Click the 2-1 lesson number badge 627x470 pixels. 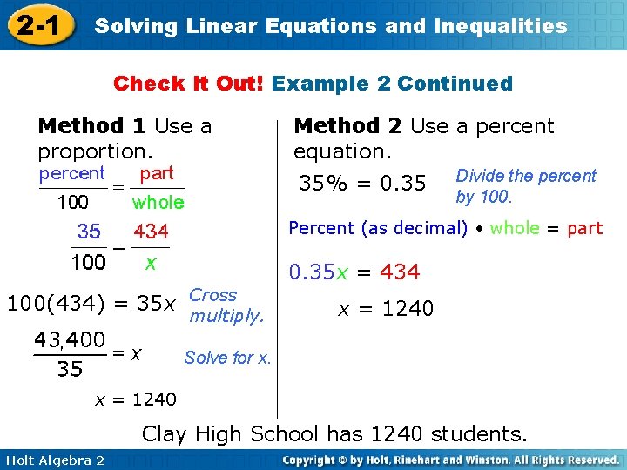[36, 25]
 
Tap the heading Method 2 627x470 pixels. [348, 126]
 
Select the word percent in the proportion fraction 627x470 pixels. [72, 173]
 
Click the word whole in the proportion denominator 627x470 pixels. [158, 203]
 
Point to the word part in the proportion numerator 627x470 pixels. [157, 173]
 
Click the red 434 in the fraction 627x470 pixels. [151, 232]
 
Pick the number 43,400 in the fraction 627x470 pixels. [71, 339]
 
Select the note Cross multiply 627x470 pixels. [226, 305]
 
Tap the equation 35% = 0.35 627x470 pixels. [362, 184]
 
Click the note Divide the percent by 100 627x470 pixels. [525, 186]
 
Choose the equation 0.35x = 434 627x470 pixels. [354, 272]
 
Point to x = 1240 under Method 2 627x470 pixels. [386, 309]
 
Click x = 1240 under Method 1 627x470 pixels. [135, 399]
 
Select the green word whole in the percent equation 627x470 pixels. [515, 228]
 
